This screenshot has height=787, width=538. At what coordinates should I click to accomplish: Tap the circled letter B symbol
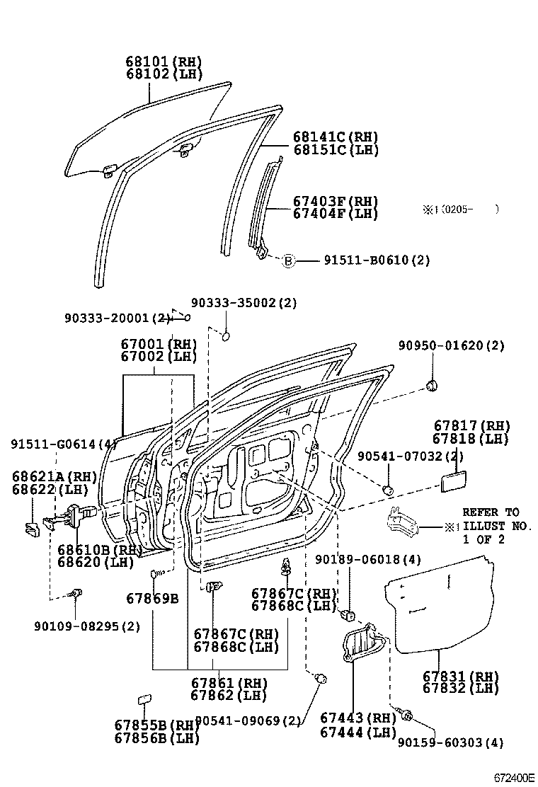[288, 260]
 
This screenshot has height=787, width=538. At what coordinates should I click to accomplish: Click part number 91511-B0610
[377, 260]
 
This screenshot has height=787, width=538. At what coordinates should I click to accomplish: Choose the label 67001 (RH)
[159, 345]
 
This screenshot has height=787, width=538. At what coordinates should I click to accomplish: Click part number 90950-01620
[451, 346]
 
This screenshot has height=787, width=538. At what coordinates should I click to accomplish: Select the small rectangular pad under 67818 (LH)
[453, 483]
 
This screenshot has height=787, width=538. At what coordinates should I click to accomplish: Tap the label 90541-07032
[400, 457]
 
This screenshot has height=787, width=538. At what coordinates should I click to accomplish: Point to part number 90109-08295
[86, 626]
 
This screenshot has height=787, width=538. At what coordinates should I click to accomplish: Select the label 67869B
[152, 599]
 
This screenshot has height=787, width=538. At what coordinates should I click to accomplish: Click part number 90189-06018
[368, 561]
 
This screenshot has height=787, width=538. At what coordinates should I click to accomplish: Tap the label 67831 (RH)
[461, 676]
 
